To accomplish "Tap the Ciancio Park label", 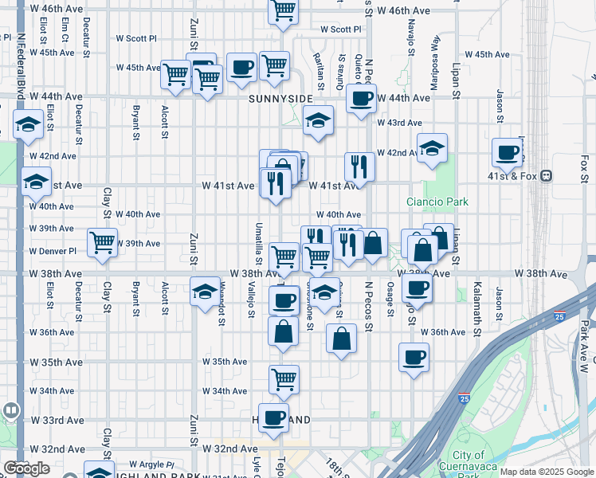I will [x=437, y=202].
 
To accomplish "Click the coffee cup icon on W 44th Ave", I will [x=361, y=100].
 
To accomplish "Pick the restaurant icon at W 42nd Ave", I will [x=359, y=167].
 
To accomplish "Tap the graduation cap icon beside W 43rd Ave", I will [x=318, y=121].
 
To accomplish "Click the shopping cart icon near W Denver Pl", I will [x=102, y=243].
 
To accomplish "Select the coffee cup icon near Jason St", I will [x=507, y=152].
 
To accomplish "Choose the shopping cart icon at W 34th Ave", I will [x=284, y=380].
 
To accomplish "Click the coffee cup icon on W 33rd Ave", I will [x=274, y=417].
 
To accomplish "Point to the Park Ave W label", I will [x=584, y=346].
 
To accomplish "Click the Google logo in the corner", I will [x=25, y=468].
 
